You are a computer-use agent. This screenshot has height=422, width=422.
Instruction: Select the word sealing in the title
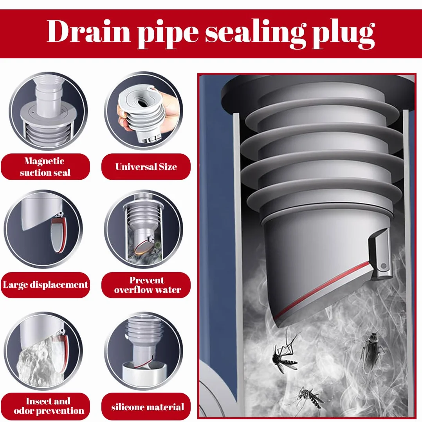click(256, 34)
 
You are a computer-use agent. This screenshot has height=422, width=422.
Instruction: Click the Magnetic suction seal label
click(45, 167)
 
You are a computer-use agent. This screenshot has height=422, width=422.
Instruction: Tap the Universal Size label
click(146, 167)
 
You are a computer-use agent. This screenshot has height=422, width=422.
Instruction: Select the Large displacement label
click(45, 285)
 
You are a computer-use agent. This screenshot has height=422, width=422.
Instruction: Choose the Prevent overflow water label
click(146, 285)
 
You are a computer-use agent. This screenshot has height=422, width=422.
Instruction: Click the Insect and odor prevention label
click(49, 406)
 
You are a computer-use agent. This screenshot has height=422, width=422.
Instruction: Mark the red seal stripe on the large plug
click(323, 288)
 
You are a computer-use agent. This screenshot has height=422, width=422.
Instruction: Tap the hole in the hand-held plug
click(142, 103)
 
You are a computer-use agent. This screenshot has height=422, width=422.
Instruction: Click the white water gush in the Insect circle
click(40, 361)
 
